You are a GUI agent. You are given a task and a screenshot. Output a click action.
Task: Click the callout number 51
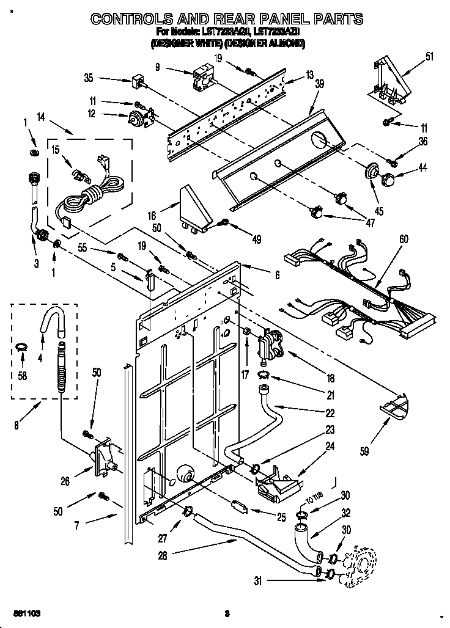point(429,57)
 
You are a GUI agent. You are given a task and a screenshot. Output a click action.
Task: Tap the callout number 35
point(89,78)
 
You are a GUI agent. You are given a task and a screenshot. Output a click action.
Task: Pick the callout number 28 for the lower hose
point(163,555)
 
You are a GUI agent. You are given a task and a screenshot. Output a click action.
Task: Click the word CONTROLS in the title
point(130,19)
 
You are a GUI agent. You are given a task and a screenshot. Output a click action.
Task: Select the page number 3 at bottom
point(226,613)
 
